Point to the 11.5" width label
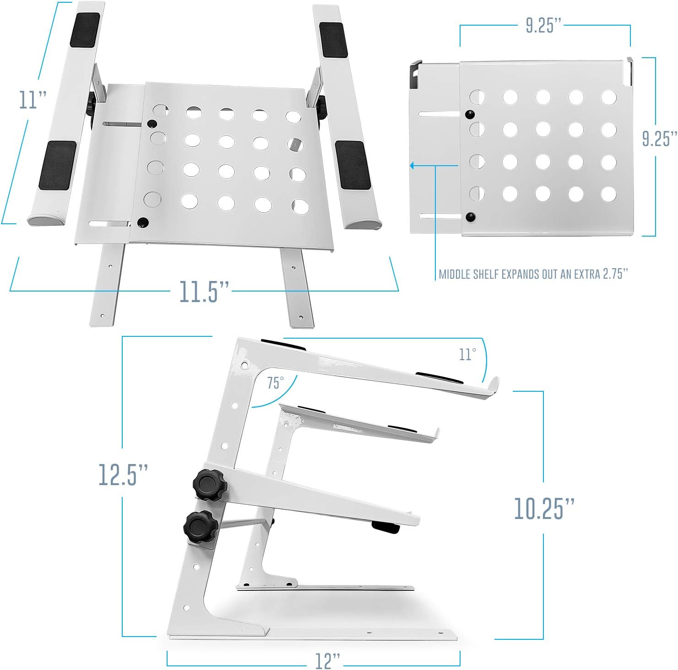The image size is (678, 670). (x=204, y=291)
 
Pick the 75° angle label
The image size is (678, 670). (x=276, y=383)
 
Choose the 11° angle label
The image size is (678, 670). (x=467, y=354)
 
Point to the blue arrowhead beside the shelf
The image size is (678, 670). (x=412, y=165)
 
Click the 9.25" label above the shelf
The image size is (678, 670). (x=543, y=25)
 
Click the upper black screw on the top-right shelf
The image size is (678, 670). (x=469, y=114)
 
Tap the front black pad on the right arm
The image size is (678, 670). (x=353, y=165)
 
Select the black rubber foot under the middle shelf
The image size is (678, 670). (x=385, y=527)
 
